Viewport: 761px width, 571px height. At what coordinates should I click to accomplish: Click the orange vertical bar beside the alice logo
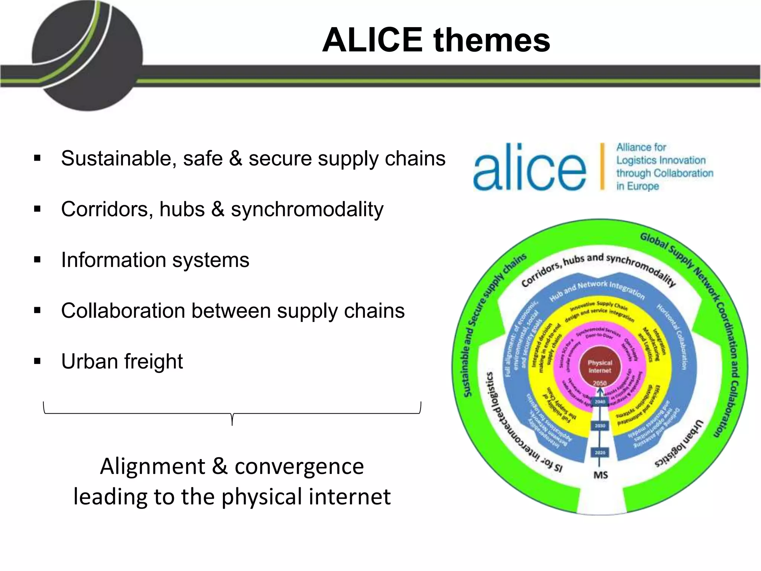point(602,166)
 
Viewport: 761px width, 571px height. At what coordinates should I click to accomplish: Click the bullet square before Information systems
point(37,259)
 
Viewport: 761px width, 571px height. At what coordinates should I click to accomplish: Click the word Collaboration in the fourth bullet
point(123,311)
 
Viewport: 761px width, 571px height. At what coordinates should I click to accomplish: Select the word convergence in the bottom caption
point(299,466)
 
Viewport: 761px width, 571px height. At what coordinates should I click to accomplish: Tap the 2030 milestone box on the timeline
point(600,426)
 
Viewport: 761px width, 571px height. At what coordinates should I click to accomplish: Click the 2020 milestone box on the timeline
point(600,452)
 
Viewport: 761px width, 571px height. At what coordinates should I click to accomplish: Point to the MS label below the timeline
point(600,475)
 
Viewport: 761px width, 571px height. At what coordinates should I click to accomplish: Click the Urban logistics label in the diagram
point(680,444)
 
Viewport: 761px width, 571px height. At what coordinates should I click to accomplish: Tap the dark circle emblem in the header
point(87,56)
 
